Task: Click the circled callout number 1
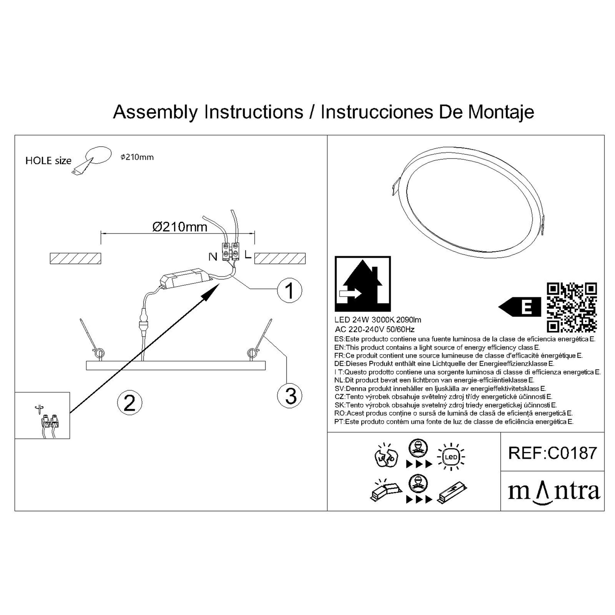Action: tap(290, 290)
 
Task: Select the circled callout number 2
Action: tap(129, 403)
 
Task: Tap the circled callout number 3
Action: tap(290, 396)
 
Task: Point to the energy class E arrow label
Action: tap(520, 307)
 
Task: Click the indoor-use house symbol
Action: tap(363, 283)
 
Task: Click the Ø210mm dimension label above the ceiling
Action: tap(180, 227)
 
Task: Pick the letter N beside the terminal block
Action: tap(213, 257)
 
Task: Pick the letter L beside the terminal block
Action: tap(248, 255)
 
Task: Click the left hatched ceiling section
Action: tap(76, 258)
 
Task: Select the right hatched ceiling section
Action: tap(280, 258)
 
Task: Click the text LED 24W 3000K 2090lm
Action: tap(378, 320)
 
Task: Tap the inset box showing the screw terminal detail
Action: tap(42, 415)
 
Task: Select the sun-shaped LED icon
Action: tap(451, 457)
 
